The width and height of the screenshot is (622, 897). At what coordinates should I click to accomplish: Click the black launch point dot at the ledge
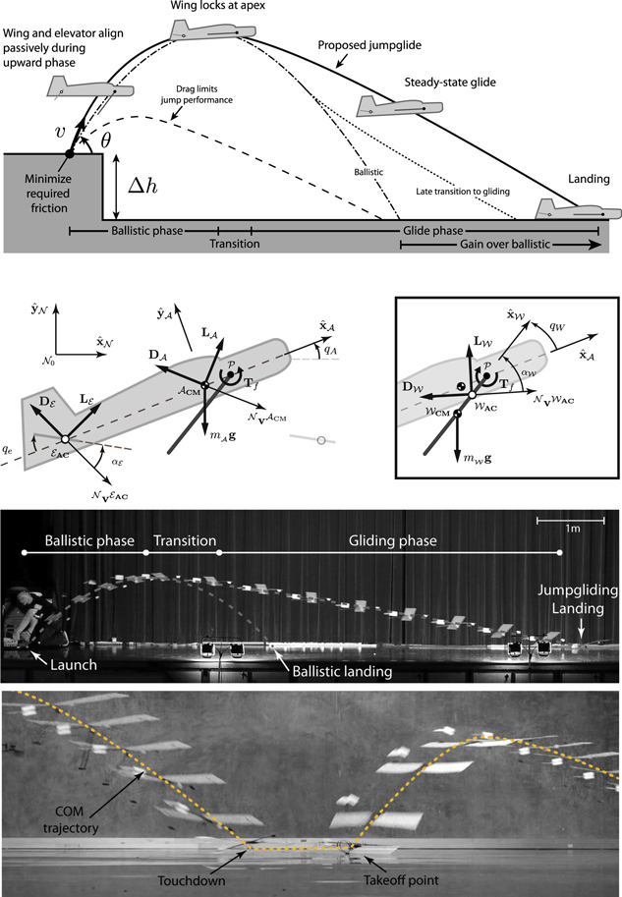70,153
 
